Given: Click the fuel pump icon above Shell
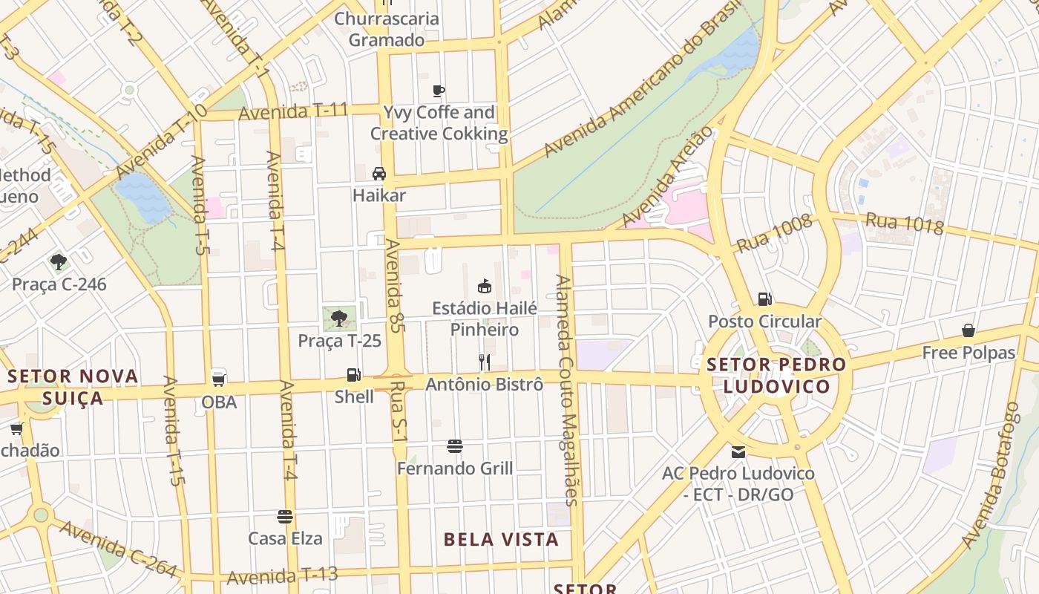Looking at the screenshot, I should click(x=354, y=375).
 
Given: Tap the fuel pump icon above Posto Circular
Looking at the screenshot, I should click(x=764, y=299).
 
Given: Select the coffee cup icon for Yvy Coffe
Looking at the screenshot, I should click(x=439, y=91).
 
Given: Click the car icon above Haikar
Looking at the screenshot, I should click(x=379, y=174).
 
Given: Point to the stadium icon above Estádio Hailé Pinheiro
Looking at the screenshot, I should click(x=485, y=286).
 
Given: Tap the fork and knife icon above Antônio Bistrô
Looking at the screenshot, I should click(x=485, y=362).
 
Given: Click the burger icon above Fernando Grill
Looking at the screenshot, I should click(x=455, y=446).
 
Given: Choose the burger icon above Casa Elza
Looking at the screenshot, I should click(x=285, y=516).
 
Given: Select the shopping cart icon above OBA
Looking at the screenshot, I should click(x=219, y=379).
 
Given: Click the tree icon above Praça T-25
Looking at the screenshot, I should click(x=339, y=319).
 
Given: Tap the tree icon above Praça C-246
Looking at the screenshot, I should click(x=59, y=261).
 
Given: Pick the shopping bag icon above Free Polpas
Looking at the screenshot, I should click(x=968, y=330).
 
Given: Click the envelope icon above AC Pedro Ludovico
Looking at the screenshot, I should click(x=738, y=451).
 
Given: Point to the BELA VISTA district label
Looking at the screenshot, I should click(x=501, y=540).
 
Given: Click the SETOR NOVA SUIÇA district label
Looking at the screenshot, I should click(x=73, y=387).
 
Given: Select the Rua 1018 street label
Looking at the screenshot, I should click(x=904, y=223).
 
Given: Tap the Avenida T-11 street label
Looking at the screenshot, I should click(x=294, y=112).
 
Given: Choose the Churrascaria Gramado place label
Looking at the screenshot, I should click(x=386, y=29).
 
